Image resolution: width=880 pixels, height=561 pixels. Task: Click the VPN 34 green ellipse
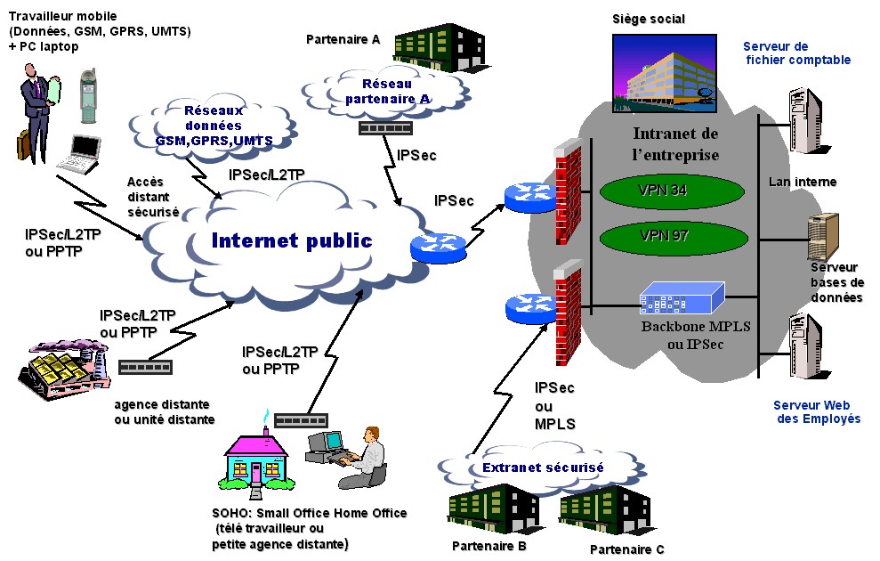tap(662, 191)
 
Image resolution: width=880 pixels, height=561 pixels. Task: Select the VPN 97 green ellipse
tap(662, 237)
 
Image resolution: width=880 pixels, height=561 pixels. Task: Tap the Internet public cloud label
tap(291, 240)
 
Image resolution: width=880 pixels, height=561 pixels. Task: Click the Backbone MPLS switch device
tap(682, 298)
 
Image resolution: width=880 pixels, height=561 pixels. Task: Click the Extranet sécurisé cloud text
tap(543, 467)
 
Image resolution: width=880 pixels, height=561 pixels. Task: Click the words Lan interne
tap(802, 182)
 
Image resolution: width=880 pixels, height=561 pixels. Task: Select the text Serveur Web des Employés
tap(816, 411)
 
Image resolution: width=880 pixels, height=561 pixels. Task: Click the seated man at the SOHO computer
tap(367, 456)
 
